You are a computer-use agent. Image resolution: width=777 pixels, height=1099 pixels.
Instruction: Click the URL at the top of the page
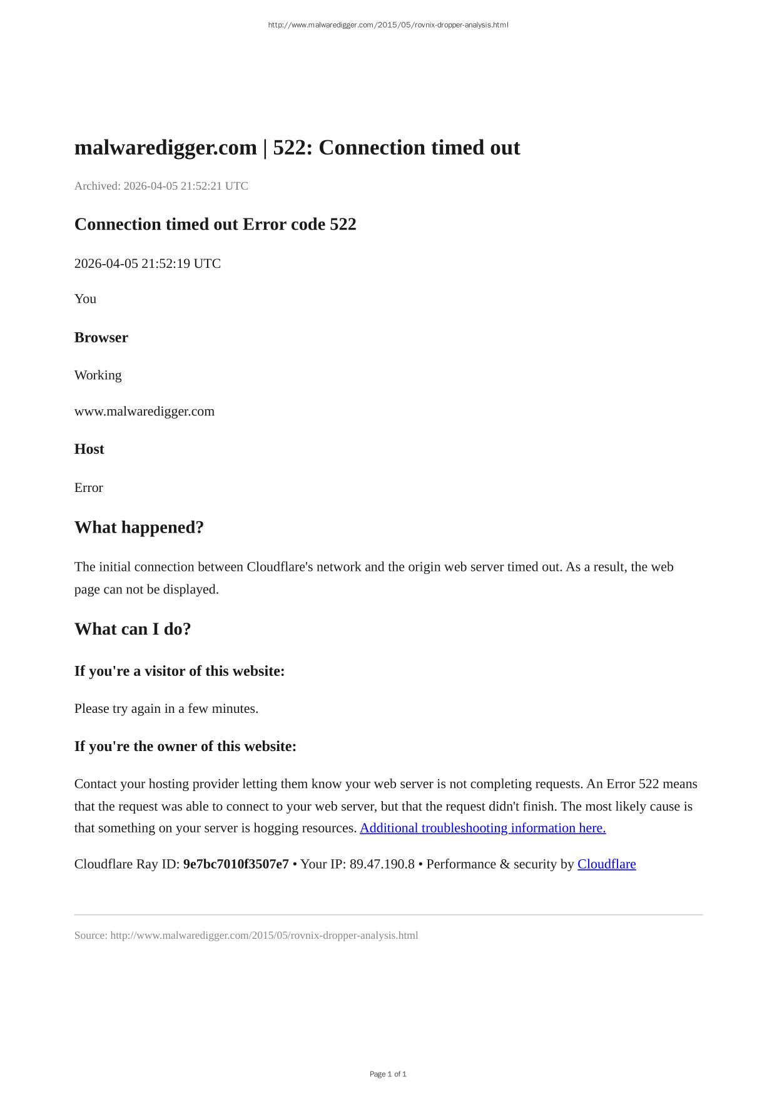point(388,25)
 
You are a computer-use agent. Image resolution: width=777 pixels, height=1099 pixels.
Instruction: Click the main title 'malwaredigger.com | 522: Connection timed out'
point(297,148)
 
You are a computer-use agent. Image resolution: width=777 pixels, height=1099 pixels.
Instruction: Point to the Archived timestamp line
point(161,186)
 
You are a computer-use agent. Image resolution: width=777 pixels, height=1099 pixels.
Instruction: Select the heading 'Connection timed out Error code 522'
point(215,224)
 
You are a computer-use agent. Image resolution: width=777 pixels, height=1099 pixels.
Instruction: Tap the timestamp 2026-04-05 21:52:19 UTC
point(148,263)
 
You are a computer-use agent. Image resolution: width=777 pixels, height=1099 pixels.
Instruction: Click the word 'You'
point(86,299)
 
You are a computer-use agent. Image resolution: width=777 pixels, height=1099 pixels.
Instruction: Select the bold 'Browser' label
point(101,337)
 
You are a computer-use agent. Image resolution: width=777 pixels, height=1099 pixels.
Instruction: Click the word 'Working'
point(98,375)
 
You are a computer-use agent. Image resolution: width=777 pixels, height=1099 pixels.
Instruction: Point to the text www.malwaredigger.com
point(145,411)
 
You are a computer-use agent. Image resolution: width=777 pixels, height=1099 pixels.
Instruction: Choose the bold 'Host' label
point(89,449)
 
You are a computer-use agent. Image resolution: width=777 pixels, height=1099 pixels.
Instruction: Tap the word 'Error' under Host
point(89,488)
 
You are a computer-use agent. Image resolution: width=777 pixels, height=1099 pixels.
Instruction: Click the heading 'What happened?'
point(140,528)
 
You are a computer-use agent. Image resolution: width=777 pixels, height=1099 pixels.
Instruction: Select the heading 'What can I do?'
point(133,629)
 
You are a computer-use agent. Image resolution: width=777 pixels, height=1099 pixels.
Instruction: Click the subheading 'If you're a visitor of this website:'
point(180,671)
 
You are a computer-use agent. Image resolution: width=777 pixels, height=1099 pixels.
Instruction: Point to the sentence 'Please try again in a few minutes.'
point(166,708)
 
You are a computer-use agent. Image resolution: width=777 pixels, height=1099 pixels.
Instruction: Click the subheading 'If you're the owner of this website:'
point(185,746)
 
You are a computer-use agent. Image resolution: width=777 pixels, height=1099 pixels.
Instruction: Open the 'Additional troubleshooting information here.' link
point(482,828)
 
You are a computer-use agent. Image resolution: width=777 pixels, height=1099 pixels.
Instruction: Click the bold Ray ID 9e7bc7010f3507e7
point(236,864)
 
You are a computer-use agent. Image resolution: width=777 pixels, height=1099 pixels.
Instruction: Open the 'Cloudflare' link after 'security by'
point(606,864)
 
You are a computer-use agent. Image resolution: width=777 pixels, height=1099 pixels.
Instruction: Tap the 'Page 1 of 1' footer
point(388,1074)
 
